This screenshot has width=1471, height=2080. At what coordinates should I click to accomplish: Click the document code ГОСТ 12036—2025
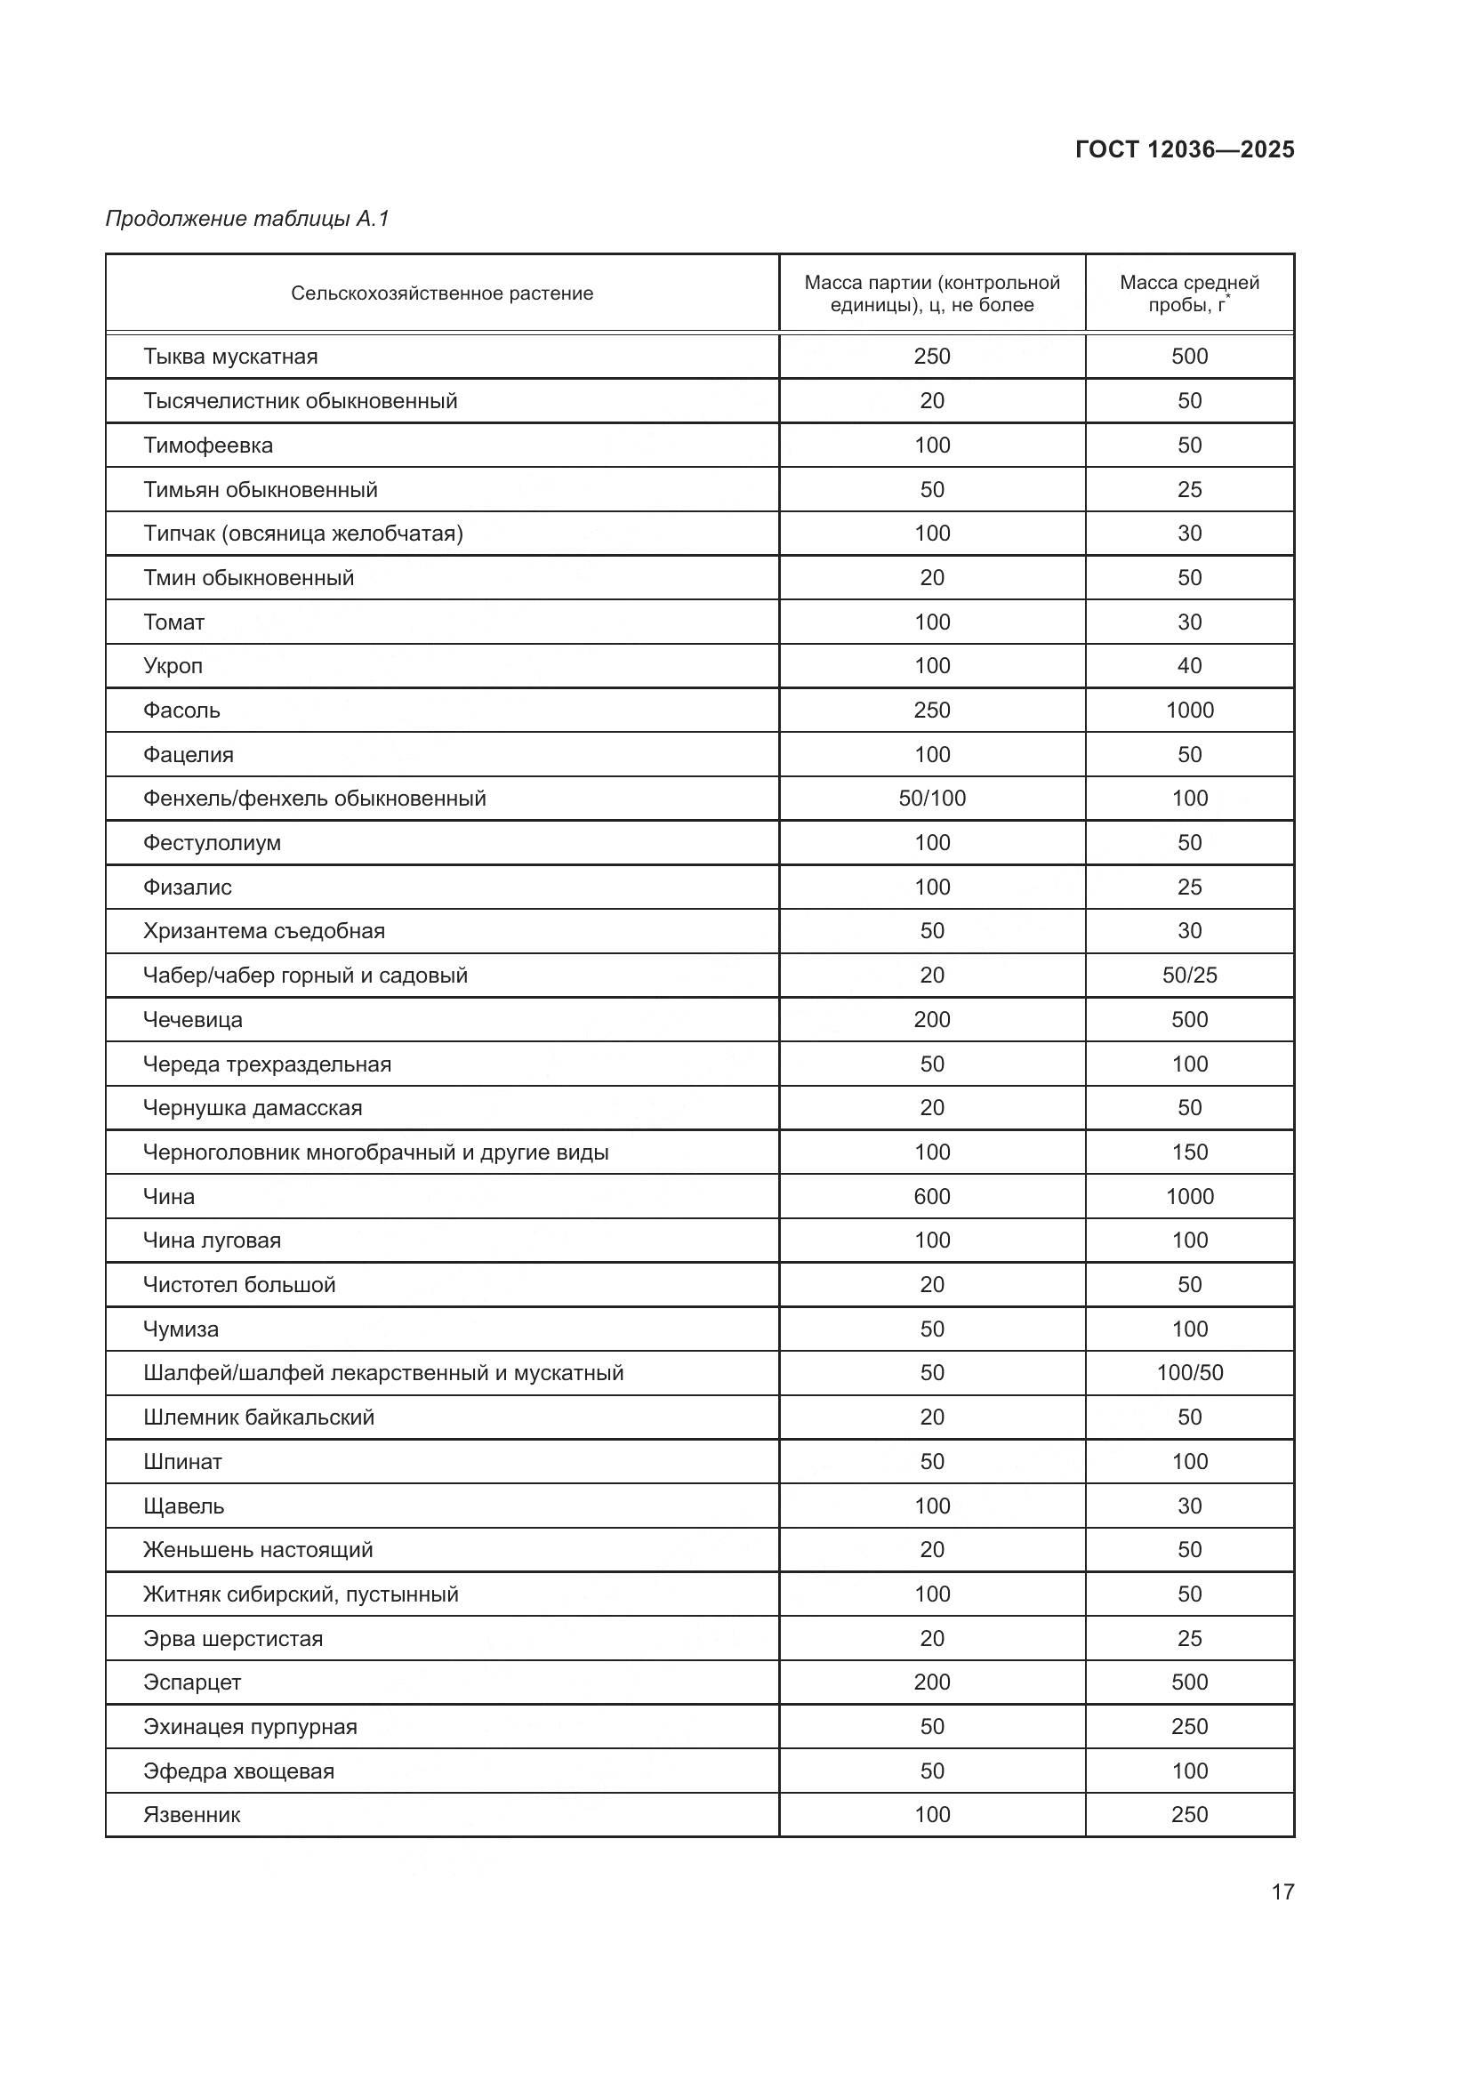pos(1184,149)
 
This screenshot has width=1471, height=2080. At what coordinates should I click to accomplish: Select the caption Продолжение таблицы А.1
pos(247,219)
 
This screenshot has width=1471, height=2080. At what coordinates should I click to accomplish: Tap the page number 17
pos(1282,1891)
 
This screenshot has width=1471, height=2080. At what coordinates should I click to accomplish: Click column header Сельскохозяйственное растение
pos(442,293)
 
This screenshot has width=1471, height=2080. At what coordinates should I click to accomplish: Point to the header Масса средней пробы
pos(1188,293)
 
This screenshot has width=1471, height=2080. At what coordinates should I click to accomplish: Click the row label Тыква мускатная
pos(230,356)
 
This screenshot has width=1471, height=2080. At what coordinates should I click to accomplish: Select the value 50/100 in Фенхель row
pos(931,798)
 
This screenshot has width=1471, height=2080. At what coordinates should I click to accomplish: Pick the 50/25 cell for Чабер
pos(1188,976)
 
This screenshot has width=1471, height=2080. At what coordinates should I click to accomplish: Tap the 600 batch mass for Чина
pos(931,1197)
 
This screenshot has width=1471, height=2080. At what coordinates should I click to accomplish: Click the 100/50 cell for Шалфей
pos(1188,1373)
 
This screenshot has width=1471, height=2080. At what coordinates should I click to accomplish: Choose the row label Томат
pos(174,622)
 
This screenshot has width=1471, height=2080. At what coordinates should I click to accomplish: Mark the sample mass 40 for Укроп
pos(1188,666)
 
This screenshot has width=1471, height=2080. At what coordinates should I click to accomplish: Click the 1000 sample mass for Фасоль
pos(1188,711)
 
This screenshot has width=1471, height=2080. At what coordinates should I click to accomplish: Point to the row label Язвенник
pos(191,1816)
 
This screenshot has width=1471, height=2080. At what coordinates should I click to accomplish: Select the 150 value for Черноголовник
pos(1188,1152)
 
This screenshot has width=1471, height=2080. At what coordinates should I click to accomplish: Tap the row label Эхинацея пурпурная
pos(250,1727)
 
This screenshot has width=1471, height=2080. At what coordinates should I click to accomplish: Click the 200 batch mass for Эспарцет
pos(931,1682)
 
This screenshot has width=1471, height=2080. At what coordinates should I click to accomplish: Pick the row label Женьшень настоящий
pos(257,1550)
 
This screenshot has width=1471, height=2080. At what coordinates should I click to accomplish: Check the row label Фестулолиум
pos(212,842)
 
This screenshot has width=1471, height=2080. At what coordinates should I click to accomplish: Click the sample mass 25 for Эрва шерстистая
pos(1188,1639)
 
